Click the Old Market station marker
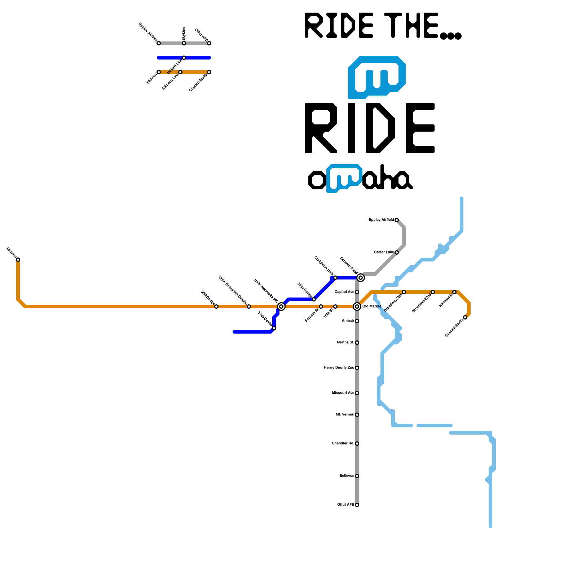pyautogui.click(x=357, y=307)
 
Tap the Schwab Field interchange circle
pyautogui.click(x=361, y=278)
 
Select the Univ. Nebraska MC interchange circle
pyautogui.click(x=281, y=307)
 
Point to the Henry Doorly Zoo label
pyautogui.click(x=339, y=368)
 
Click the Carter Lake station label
pyautogui.click(x=384, y=252)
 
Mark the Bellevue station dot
pyautogui.click(x=357, y=476)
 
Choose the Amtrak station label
pyautogui.click(x=348, y=321)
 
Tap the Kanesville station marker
pyautogui.click(x=454, y=292)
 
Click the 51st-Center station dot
pyautogui.click(x=274, y=328)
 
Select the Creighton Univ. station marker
pyautogui.click(x=335, y=278)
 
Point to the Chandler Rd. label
pyautogui.click(x=343, y=444)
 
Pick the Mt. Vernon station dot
pyautogui.click(x=357, y=415)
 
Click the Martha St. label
pyautogui.click(x=345, y=343)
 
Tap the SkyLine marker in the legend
pyautogui.click(x=184, y=43)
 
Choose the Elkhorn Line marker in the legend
pyautogui.click(x=180, y=72)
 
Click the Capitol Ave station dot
pyautogui.click(x=357, y=292)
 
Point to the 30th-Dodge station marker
pyautogui.click(x=314, y=299)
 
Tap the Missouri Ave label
pyautogui.click(x=343, y=393)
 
